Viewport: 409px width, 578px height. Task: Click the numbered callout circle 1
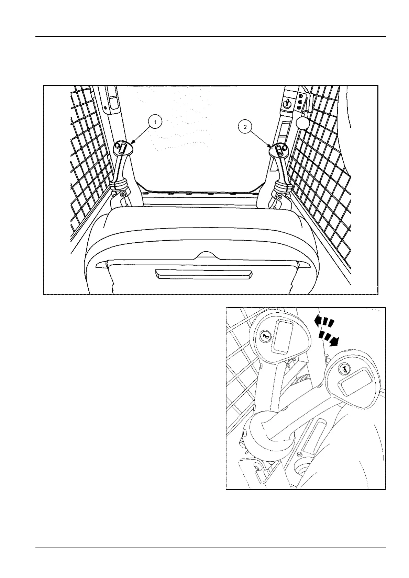pos(155,122)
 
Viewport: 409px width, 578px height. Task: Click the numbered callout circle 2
pos(245,126)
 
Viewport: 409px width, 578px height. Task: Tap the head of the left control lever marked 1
pos(122,148)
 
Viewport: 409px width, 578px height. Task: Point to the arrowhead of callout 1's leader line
pos(132,142)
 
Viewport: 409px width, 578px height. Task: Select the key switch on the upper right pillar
pos(288,102)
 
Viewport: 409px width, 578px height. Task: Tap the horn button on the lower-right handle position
pos(344,369)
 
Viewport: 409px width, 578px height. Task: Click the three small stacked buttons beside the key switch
pos(300,102)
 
